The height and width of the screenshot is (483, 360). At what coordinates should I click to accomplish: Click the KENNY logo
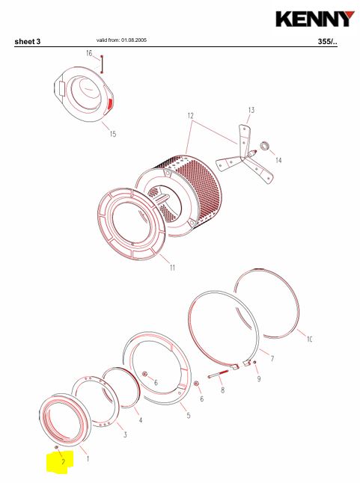coord(315,19)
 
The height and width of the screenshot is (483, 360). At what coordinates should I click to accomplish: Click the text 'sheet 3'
coord(28,42)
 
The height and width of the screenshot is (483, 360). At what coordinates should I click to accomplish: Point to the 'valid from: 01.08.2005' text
coord(121,40)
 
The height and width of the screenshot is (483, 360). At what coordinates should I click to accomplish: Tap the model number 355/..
coord(327,42)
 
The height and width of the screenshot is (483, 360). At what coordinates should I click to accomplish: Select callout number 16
coord(89,53)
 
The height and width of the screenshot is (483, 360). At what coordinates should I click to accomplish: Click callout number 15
coord(113,134)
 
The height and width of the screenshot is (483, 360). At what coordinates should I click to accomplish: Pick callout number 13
coord(251,110)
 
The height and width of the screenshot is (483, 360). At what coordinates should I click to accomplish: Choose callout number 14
coord(278,160)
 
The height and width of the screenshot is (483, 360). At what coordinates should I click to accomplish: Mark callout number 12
coord(191,116)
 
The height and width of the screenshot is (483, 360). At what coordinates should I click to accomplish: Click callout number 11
coord(173,268)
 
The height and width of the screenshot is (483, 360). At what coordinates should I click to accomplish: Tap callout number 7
coord(272,359)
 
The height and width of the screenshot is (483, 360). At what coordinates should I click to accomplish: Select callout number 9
coord(259,378)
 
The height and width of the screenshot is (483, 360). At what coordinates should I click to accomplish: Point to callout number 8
coord(222,390)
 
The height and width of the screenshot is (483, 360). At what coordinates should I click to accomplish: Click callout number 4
coord(141,420)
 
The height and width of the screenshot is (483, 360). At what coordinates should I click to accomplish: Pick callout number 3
coord(125,434)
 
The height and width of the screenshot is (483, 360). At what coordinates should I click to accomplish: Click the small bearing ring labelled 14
coord(265,146)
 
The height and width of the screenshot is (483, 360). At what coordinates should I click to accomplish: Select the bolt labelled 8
coord(219,374)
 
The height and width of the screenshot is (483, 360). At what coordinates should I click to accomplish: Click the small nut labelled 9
coord(255,362)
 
